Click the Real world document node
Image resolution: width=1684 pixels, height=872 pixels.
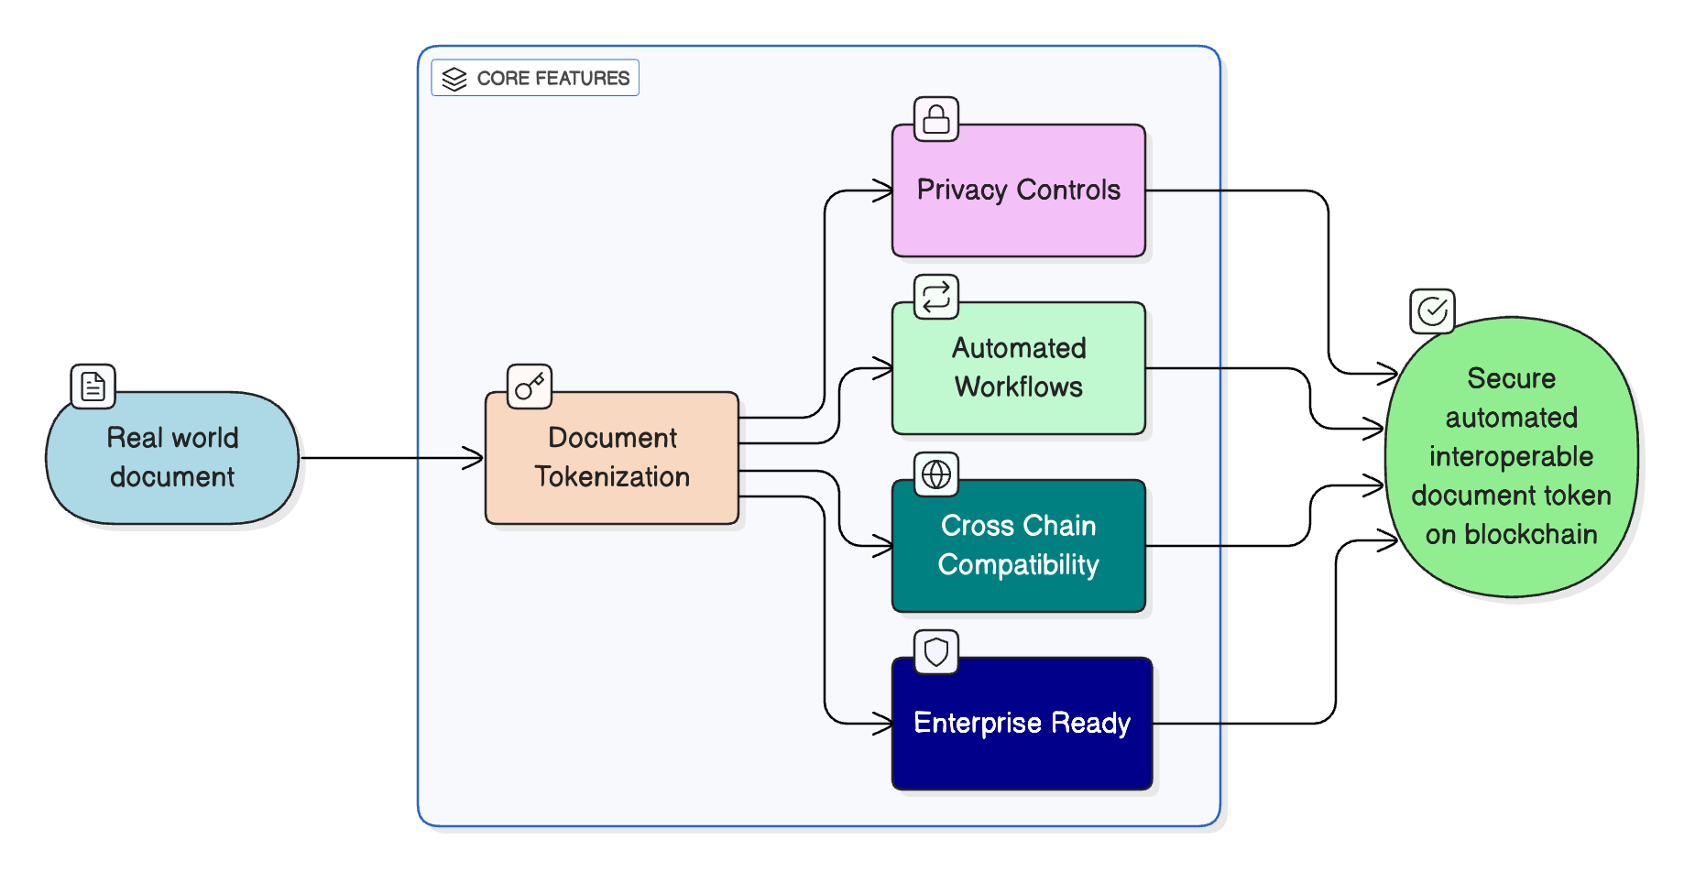coord(172,458)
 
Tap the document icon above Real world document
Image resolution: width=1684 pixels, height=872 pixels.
coord(93,387)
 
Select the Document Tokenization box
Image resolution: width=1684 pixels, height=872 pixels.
coord(612,458)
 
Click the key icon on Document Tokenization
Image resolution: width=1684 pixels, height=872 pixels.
coord(530,387)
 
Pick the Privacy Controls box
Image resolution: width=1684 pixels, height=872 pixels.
coord(1018,191)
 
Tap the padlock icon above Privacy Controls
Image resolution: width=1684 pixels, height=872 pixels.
coord(936,119)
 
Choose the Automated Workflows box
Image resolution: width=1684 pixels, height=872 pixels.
coord(1018,368)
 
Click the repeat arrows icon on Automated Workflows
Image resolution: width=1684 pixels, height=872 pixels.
coord(936,297)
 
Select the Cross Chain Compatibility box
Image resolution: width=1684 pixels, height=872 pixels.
coord(1018,546)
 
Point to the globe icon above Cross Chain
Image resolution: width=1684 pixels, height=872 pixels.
coord(936,474)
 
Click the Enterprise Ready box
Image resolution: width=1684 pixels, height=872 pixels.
coord(1022,724)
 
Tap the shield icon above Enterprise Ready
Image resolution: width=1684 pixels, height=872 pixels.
coord(936,652)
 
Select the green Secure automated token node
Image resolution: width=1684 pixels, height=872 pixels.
coord(1511,456)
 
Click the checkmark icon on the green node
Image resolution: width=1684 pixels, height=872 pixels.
coord(1432,312)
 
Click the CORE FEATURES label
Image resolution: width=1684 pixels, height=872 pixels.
coord(552,79)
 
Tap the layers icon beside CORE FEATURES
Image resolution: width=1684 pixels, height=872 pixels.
coord(454,79)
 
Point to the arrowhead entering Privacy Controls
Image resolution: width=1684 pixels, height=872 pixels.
coord(885,191)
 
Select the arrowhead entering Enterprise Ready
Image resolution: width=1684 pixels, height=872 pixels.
coord(885,724)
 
